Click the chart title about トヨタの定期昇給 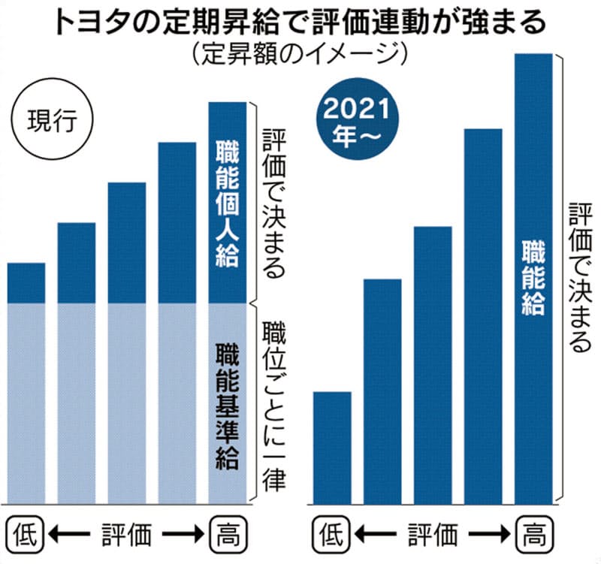click(x=300, y=23)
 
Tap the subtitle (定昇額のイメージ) click(x=300, y=54)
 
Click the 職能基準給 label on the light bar click(x=226, y=406)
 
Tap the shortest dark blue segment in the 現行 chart click(x=26, y=282)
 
